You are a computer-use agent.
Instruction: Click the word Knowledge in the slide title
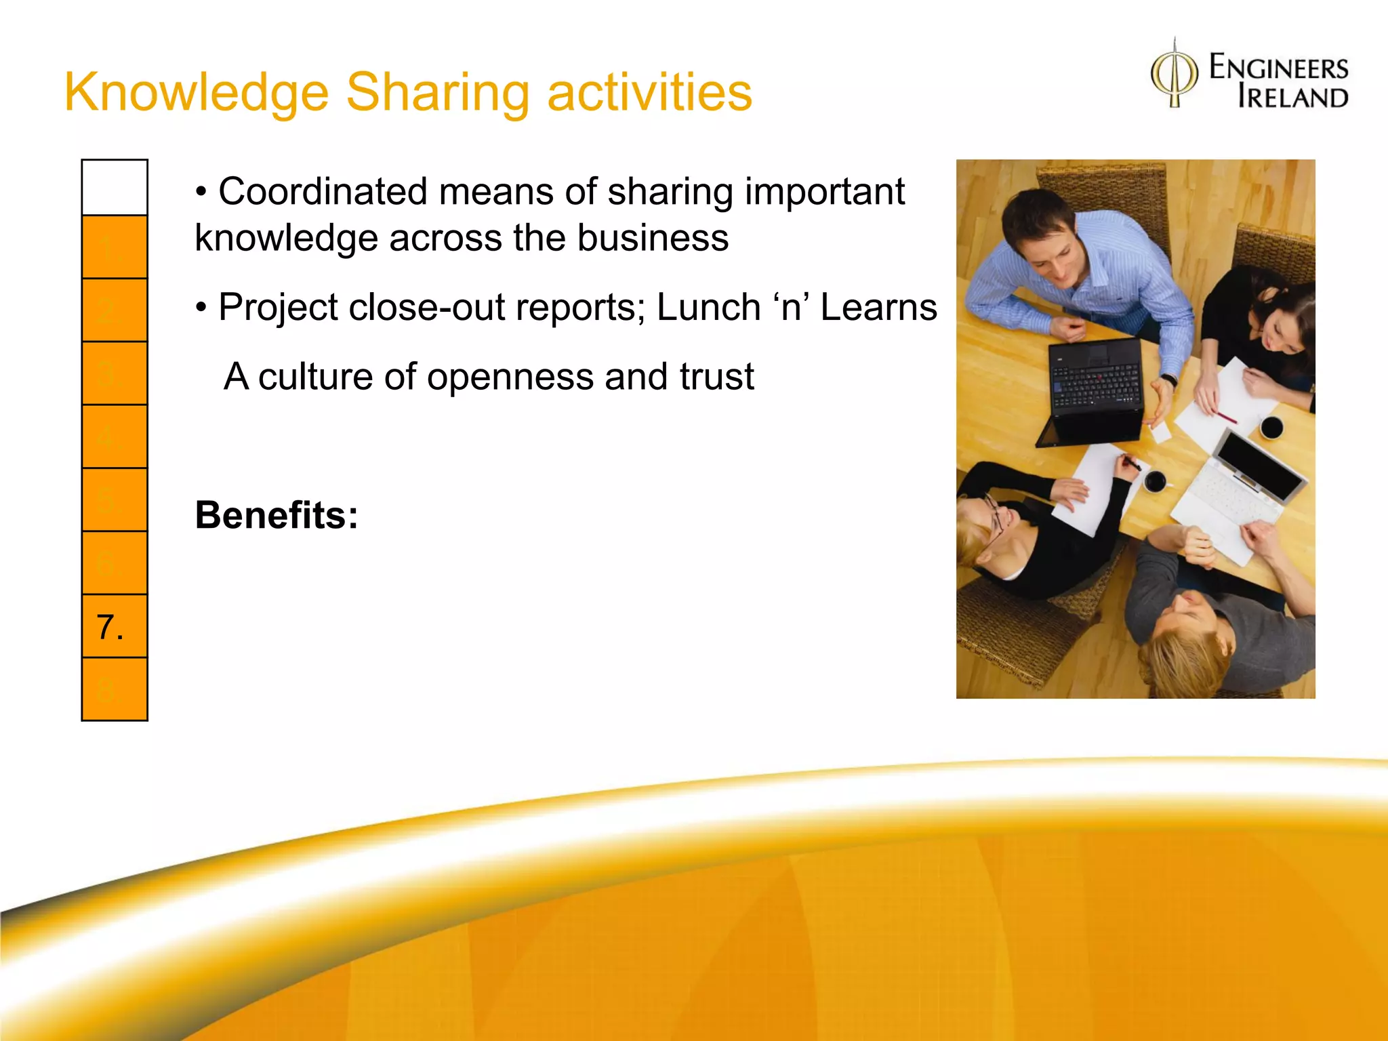(x=197, y=94)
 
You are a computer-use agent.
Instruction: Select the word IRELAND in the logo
(x=1292, y=97)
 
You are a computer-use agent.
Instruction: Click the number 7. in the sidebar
(x=110, y=627)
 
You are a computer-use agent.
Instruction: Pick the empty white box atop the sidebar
(x=115, y=188)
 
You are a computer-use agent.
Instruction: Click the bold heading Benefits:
(x=277, y=515)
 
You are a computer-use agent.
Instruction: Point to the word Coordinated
(x=322, y=192)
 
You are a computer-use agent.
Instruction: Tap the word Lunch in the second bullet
(x=708, y=308)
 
